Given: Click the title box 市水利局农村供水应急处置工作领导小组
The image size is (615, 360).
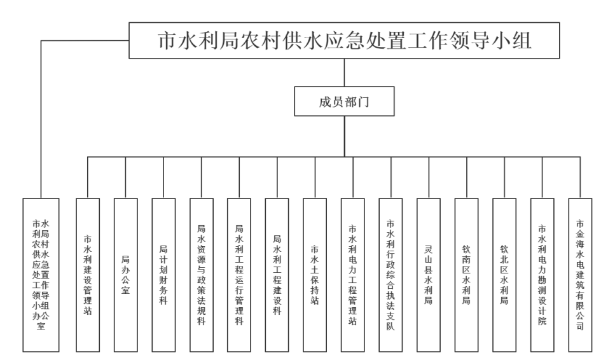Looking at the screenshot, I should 344,41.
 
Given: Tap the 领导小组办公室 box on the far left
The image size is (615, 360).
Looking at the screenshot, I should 41,275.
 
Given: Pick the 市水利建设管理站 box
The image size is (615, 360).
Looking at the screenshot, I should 88,275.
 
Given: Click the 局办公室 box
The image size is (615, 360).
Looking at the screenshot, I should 126,275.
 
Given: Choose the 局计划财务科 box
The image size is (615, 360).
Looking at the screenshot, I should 163,275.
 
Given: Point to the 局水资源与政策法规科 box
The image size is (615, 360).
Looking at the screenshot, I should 202,275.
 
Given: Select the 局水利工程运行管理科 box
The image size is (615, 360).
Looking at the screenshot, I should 239,275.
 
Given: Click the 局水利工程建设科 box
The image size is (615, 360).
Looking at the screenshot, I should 277,275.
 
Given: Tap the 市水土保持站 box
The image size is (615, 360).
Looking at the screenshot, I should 315,275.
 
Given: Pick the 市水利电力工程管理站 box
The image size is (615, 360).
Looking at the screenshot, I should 353,275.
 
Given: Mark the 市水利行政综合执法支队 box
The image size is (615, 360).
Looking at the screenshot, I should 390,275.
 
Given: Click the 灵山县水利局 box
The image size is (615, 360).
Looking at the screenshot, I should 429,275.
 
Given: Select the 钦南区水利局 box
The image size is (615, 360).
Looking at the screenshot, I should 466,275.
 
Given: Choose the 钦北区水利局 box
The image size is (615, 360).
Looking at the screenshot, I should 504,275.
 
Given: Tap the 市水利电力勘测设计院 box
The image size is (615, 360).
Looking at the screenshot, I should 542,275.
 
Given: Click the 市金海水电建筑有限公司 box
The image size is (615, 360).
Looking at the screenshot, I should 580,275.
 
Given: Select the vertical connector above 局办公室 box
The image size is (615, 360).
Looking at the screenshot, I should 126,177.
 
